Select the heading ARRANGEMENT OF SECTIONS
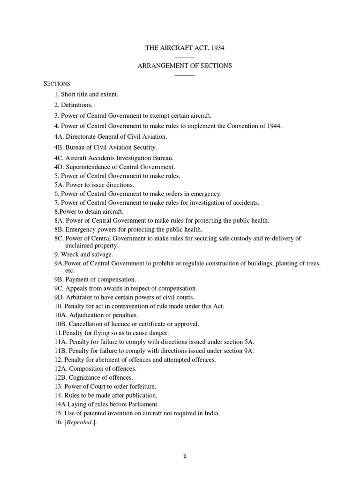185,66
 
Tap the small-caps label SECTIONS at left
57,83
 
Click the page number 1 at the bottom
185,460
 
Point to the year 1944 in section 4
274,126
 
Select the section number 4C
59,158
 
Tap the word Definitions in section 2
77,105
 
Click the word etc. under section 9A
69,270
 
